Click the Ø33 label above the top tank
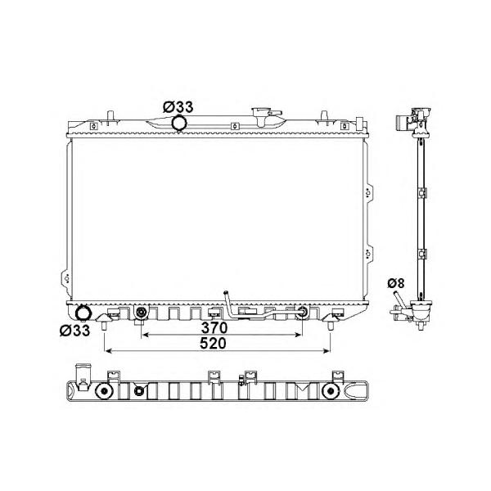click(178, 107)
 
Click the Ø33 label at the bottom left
click(74, 331)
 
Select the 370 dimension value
click(214, 328)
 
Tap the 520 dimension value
click(213, 343)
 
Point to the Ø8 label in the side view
click(396, 283)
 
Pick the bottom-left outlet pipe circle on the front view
click(83, 313)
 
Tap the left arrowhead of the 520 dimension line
click(109, 351)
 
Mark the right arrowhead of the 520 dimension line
click(327, 351)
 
